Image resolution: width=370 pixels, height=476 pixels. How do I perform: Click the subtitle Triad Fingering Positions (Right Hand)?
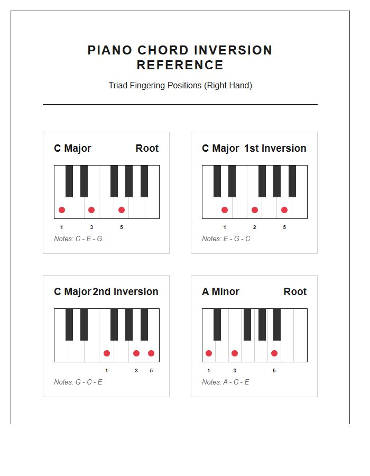pyautogui.click(x=180, y=85)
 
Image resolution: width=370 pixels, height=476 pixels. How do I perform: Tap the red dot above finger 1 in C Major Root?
pyautogui.click(x=62, y=210)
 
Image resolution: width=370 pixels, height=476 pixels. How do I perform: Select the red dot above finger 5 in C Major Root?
pyautogui.click(x=122, y=210)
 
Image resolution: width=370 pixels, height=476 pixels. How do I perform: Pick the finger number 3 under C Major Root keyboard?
pyautogui.click(x=91, y=227)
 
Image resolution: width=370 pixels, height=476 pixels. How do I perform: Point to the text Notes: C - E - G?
pyautogui.click(x=78, y=239)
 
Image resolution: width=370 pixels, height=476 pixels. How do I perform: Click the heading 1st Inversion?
pyautogui.click(x=275, y=148)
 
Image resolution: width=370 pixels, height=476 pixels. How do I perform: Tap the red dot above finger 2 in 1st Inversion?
pyautogui.click(x=255, y=210)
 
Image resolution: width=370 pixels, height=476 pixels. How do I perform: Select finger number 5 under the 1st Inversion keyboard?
pyautogui.click(x=284, y=227)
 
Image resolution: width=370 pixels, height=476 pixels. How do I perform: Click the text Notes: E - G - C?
pyautogui.click(x=226, y=239)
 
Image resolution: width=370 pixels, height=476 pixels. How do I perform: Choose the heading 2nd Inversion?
pyautogui.click(x=125, y=291)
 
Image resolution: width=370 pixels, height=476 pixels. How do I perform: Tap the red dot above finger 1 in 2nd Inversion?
pyautogui.click(x=107, y=353)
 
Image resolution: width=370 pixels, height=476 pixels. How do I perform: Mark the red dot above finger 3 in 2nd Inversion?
pyautogui.click(x=136, y=353)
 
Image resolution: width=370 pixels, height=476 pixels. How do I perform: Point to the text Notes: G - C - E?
pyautogui.click(x=78, y=382)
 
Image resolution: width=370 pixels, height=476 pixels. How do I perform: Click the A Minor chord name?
pyautogui.click(x=220, y=291)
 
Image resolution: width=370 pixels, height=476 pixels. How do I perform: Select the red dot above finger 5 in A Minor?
pyautogui.click(x=274, y=353)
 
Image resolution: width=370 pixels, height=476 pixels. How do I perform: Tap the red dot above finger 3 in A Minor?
pyautogui.click(x=235, y=353)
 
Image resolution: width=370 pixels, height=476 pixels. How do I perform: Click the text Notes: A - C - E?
pyautogui.click(x=226, y=382)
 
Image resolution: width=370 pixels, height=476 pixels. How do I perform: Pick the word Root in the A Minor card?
pyautogui.click(x=295, y=291)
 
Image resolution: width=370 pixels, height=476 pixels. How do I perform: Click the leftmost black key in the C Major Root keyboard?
pyautogui.click(x=69, y=181)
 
